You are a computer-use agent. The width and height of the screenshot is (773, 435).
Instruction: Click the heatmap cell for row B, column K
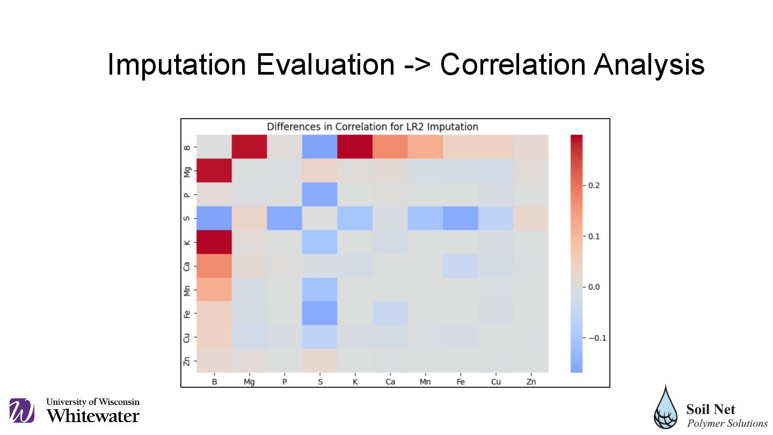[355, 147]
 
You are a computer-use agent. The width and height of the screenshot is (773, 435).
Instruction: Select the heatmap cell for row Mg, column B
[214, 171]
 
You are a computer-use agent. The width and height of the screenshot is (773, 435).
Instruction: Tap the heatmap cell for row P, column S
[320, 194]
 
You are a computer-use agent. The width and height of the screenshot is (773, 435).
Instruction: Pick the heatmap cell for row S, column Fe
[461, 218]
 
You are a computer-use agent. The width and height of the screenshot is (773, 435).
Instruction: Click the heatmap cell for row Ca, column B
[214, 265]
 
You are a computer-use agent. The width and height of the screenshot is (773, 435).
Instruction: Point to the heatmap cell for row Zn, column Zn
[531, 360]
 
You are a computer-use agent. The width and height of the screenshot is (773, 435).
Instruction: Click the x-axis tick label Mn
[425, 382]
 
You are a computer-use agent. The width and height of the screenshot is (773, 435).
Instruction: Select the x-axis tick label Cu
[496, 382]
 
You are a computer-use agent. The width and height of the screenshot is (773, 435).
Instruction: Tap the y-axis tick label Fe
[187, 313]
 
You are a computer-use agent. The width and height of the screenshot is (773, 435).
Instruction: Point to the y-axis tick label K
[187, 242]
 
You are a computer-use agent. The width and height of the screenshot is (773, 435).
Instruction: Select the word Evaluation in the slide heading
[325, 64]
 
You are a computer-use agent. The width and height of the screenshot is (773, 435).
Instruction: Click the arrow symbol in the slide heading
[417, 66]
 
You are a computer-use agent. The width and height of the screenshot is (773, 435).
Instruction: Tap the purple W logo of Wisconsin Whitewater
[21, 411]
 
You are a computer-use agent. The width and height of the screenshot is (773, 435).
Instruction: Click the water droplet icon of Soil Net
[666, 408]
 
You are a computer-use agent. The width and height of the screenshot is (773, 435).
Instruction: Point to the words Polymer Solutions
[727, 423]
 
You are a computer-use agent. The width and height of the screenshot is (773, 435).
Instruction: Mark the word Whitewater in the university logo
[93, 416]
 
